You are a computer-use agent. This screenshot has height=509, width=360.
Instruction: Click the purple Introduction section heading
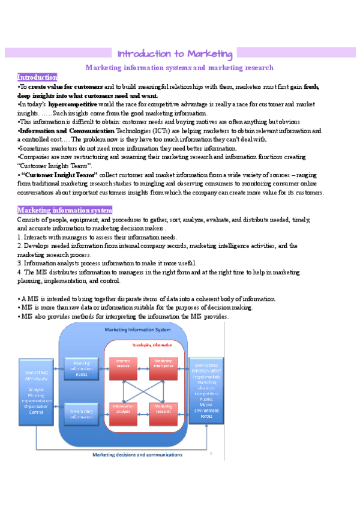point(37,77)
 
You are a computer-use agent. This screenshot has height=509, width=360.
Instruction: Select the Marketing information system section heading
point(64,210)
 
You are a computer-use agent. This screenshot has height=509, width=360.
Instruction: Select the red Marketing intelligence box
point(164,364)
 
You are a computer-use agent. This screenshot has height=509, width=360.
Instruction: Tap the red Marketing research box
point(164,410)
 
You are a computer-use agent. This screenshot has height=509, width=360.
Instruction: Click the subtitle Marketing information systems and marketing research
point(179,68)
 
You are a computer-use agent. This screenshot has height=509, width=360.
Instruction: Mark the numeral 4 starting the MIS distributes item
point(19,272)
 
